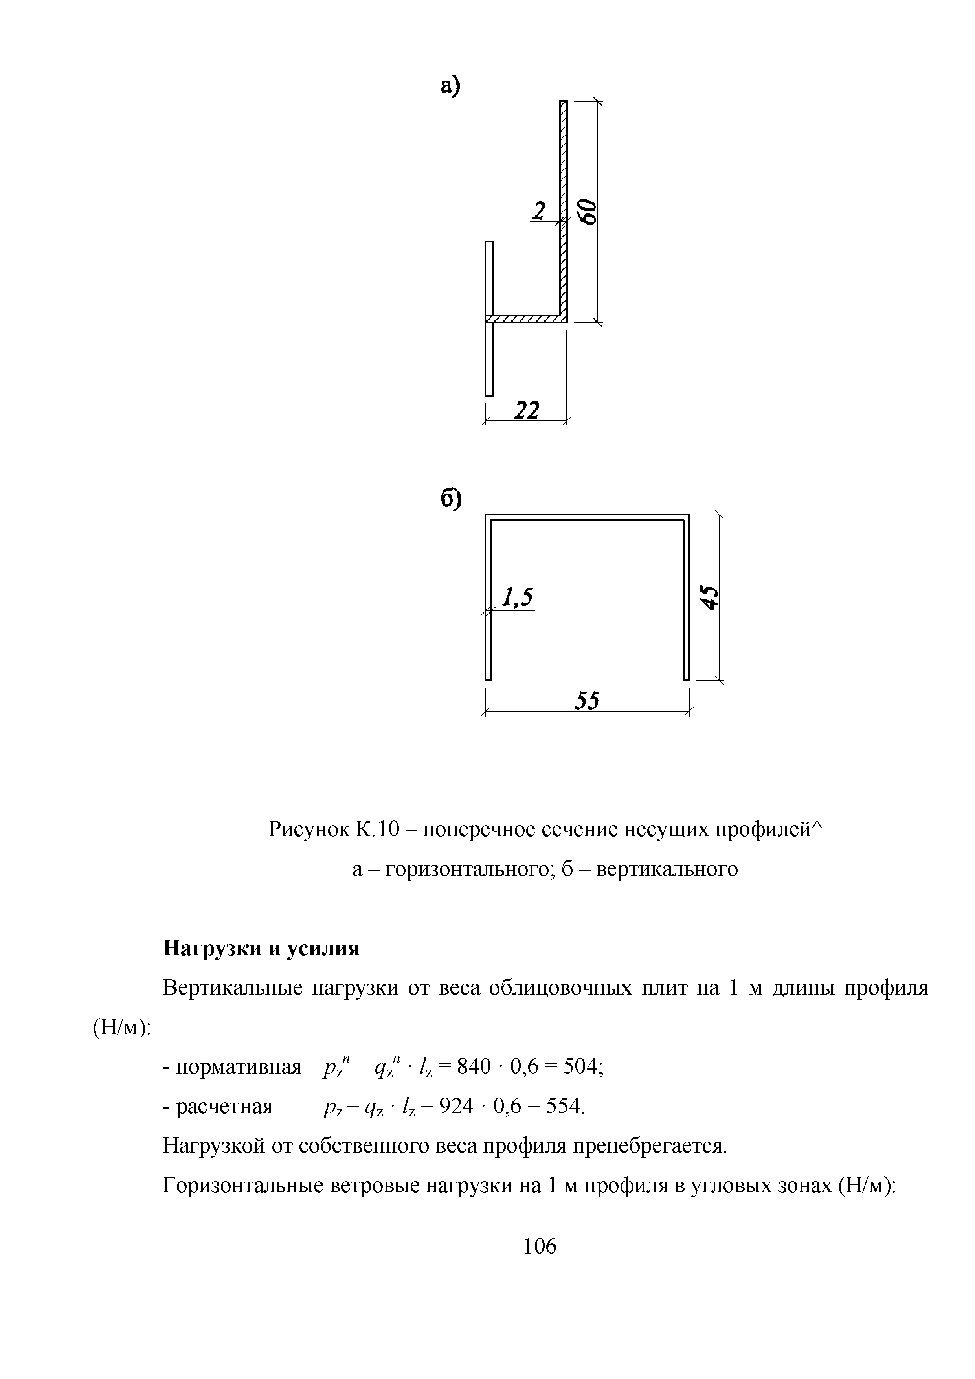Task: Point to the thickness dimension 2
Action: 539,211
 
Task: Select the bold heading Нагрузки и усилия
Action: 262,949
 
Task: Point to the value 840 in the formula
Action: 474,1067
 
